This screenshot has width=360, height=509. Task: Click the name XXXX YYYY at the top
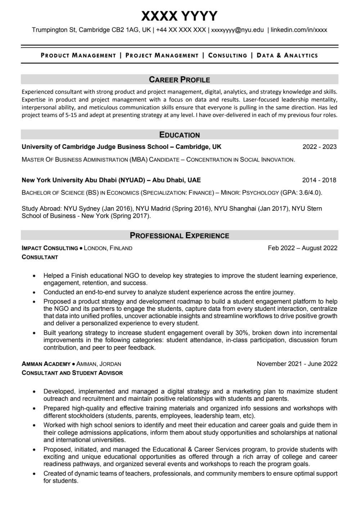[179, 16]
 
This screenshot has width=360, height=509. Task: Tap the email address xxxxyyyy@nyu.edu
[237, 30]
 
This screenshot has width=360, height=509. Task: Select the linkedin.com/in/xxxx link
[299, 30]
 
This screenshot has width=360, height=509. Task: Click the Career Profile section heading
[179, 79]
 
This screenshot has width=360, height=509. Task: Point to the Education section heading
[179, 135]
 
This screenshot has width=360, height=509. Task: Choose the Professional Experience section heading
[179, 236]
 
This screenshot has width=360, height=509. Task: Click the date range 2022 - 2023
[319, 147]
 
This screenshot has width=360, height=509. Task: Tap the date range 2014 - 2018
[319, 180]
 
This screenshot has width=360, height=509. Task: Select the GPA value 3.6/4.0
[309, 193]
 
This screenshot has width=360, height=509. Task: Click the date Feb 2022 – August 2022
[302, 248]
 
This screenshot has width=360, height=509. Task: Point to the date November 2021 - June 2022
[297, 364]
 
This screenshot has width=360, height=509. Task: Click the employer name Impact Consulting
[50, 248]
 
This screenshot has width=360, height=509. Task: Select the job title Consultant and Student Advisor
[72, 373]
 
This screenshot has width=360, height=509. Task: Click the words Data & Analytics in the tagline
[287, 55]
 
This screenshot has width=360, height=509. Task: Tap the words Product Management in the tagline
[78, 55]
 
